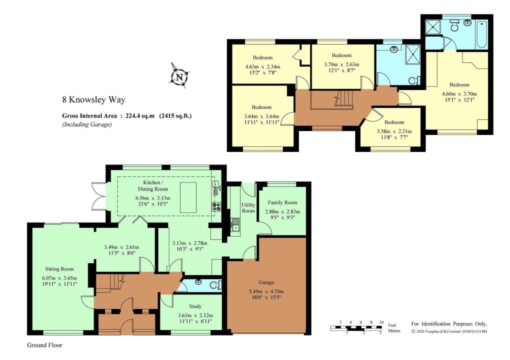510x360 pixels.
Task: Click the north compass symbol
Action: click(178, 77)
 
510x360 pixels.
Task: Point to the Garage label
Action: click(266, 282)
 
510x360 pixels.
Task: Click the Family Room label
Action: click(282, 202)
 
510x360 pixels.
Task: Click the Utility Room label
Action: click(248, 207)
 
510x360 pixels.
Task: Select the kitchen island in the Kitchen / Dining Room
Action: click(188, 197)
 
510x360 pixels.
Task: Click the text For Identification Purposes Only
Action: click(448, 324)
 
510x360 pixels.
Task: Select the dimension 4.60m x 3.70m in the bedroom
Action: click(459, 93)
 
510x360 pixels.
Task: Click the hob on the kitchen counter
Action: click(216, 205)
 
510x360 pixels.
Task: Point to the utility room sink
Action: click(235, 228)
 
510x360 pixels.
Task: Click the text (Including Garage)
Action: click(86, 125)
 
